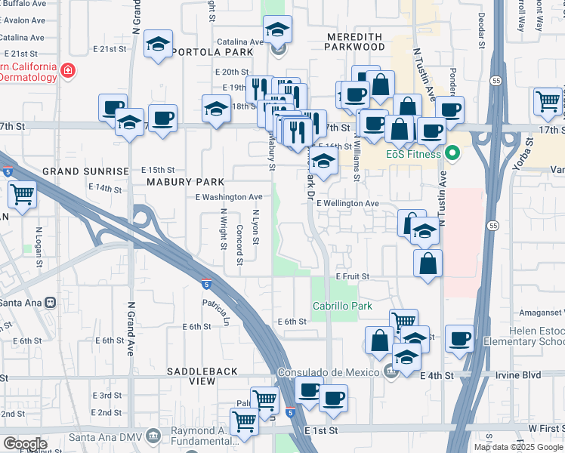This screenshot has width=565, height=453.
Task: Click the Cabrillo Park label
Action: pos(342,306)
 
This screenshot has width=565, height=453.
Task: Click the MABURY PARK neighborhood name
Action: pos(185,182)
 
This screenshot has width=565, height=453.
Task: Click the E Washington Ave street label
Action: pos(228,197)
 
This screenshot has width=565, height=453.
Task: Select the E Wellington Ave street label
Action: pos(347,204)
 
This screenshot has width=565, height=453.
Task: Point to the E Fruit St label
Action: pos(352,277)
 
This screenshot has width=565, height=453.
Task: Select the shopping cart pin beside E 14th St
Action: pos(22,193)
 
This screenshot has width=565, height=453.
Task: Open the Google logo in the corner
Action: pos(25,444)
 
